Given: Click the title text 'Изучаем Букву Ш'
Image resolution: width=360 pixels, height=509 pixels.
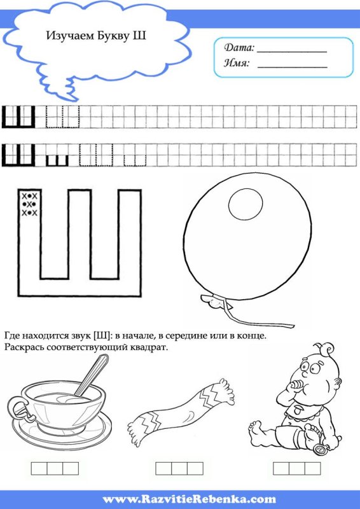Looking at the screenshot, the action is (x=96, y=36).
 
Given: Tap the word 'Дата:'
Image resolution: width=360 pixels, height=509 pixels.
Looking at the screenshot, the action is (x=239, y=48).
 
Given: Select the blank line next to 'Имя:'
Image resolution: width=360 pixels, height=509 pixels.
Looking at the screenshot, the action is (x=292, y=67).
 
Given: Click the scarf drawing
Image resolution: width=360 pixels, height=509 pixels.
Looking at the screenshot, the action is (x=181, y=410).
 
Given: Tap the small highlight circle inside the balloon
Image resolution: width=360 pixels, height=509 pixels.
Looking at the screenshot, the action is (x=245, y=204).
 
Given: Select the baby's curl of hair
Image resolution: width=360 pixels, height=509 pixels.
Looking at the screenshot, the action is (x=327, y=349).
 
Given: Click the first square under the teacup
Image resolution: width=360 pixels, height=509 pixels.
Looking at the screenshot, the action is (x=39, y=468).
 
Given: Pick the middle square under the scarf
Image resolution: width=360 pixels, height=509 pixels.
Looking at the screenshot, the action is (x=179, y=468).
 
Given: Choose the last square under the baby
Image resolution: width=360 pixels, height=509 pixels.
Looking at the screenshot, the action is (x=312, y=468).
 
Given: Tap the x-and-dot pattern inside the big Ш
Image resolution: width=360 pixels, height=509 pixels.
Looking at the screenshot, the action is (x=29, y=204).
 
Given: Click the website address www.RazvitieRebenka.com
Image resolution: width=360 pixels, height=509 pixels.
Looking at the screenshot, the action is (x=189, y=499).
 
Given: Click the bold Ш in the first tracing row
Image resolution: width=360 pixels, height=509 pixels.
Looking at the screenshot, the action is (x=18, y=116).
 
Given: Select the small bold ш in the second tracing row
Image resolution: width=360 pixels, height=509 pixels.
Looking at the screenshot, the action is (x=57, y=160).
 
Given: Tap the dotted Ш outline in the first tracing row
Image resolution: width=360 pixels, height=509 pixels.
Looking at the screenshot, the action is (x=63, y=116).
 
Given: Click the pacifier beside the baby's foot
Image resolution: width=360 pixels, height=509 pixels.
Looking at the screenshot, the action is (x=321, y=449).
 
